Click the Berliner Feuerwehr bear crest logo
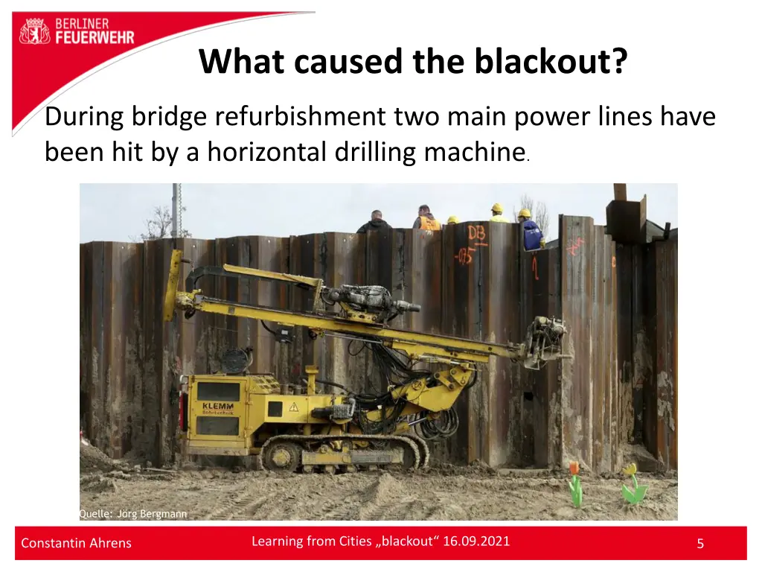click(x=34, y=31)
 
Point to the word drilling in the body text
click(x=372, y=152)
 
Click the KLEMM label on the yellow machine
click(x=217, y=406)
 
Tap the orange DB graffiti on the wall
click(x=476, y=233)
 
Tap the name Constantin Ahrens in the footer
click(x=76, y=543)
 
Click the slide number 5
click(x=699, y=544)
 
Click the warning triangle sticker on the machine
click(x=294, y=407)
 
